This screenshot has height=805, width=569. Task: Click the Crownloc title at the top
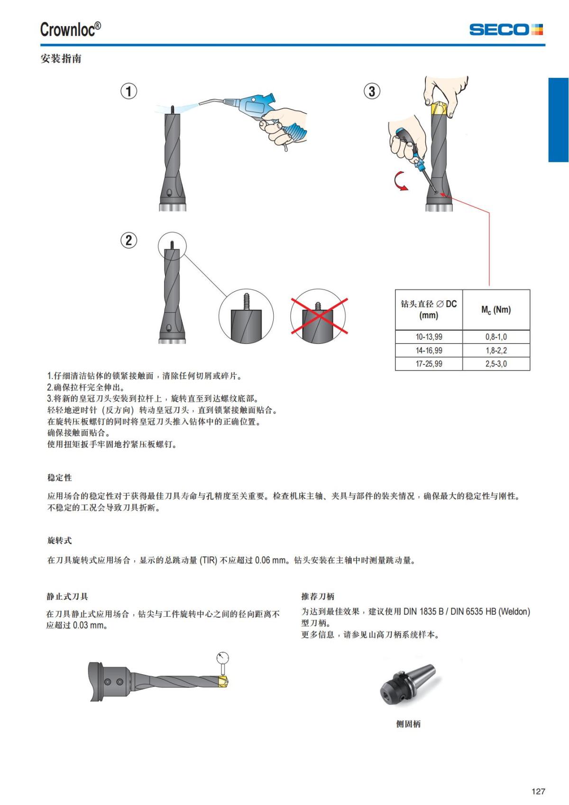tap(70, 29)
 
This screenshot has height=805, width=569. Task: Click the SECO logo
tap(506, 29)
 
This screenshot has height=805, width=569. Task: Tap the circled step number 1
tap(128, 91)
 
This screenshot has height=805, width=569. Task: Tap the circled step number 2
tap(128, 240)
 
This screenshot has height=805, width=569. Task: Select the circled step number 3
tap(372, 91)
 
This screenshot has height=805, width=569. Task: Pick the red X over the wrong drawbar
tap(319, 316)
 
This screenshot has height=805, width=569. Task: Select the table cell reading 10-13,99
tap(429, 337)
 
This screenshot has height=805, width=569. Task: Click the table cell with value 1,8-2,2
tap(496, 351)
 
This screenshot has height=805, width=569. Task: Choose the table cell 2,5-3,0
tap(496, 364)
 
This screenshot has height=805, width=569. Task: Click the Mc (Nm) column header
tap(496, 310)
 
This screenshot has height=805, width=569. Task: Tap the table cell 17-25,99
tap(429, 364)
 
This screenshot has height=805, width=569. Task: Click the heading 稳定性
tap(59, 477)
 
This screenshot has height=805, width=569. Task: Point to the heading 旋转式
tap(59, 540)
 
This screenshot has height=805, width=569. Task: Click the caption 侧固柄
tap(408, 724)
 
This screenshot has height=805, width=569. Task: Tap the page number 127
tap(538, 791)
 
